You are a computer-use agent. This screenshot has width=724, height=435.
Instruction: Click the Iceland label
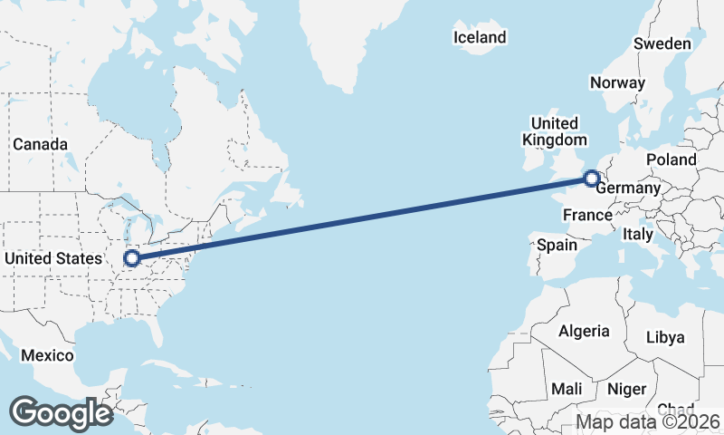480,38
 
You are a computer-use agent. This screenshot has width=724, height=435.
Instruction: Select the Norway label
617,82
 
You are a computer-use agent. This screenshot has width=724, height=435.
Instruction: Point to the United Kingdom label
554,131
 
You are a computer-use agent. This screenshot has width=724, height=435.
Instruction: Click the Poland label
671,159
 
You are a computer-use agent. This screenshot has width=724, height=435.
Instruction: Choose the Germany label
630,188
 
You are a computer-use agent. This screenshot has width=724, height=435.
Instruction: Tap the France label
587,215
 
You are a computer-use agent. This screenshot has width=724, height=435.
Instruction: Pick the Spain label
557,245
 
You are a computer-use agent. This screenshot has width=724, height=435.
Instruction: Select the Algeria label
584,331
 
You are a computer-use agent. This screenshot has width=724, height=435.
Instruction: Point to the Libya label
665,337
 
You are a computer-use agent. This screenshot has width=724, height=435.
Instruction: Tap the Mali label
567,389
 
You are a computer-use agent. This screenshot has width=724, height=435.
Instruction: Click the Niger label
626,389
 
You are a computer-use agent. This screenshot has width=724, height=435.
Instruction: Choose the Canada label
40,144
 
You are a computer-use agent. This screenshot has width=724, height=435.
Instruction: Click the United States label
53,259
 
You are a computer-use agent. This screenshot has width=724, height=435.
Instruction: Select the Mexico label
47,355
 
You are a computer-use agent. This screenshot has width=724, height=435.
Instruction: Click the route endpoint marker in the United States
132,258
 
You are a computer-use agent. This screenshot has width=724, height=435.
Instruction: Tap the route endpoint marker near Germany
592,179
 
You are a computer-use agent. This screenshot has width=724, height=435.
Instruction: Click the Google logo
61,413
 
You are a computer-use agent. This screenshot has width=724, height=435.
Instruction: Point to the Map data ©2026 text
648,421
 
